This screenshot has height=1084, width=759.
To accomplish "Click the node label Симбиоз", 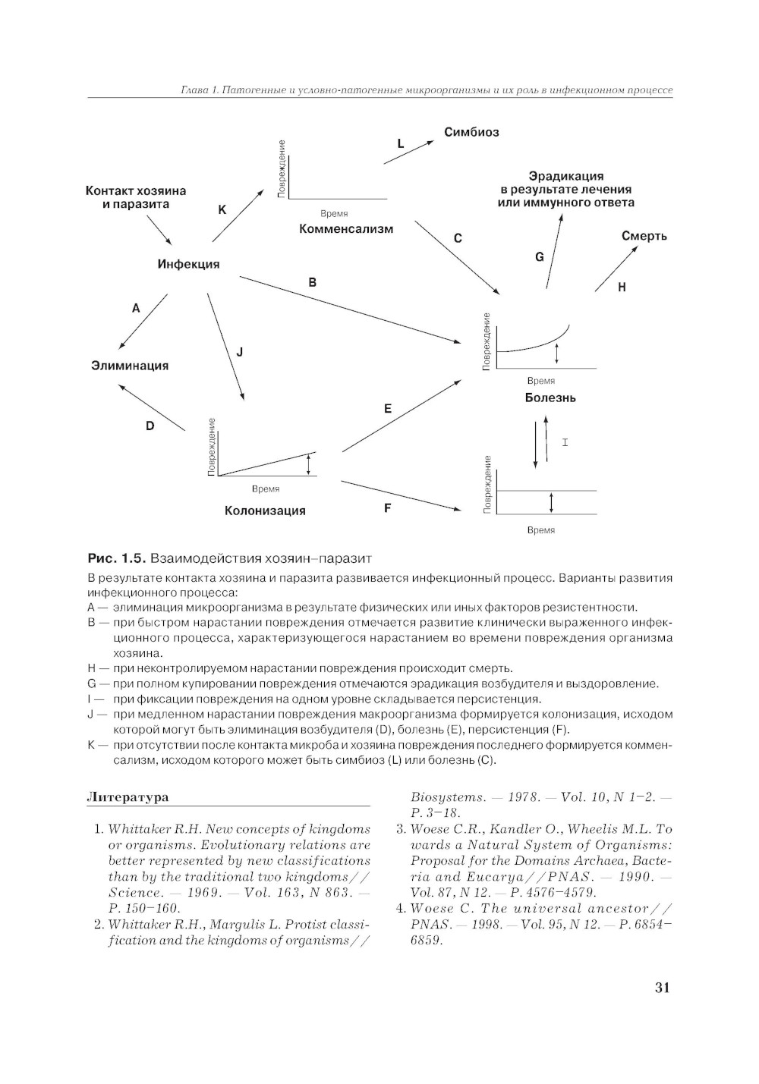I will (x=471, y=132).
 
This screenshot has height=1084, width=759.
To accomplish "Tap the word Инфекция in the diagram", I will (x=188, y=264).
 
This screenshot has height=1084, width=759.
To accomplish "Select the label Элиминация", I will (x=130, y=366).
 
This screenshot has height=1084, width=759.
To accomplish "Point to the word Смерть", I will (x=644, y=236).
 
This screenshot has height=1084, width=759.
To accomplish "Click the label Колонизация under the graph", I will (x=265, y=511).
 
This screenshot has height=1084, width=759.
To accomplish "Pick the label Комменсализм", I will (x=346, y=228).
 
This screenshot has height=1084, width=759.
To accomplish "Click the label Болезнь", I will (x=550, y=397).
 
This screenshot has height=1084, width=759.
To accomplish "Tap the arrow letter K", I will (x=222, y=209).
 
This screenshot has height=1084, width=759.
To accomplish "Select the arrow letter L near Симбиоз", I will (x=401, y=144).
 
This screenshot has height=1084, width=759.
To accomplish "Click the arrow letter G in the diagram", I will (x=540, y=257).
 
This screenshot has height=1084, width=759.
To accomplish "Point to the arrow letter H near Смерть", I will (x=622, y=287).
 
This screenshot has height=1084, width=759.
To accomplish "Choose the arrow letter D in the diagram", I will (x=150, y=426).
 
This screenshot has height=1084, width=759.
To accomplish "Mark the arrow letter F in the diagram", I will (x=387, y=508).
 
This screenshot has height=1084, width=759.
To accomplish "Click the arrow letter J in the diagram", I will (x=240, y=352).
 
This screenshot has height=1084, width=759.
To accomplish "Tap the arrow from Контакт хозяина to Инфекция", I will (x=159, y=230).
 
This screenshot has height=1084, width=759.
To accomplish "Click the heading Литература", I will (x=128, y=797).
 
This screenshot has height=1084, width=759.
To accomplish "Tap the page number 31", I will (x=662, y=987).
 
